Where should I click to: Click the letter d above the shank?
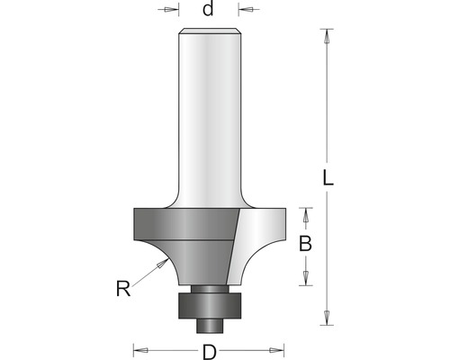(x=208, y=8)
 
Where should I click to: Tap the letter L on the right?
(x=328, y=177)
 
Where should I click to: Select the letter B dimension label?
(x=305, y=243)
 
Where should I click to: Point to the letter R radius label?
(x=123, y=289)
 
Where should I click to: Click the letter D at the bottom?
(x=210, y=352)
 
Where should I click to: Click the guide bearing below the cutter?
(x=210, y=305)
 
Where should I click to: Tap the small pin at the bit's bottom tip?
(x=210, y=326)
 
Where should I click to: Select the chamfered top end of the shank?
(x=210, y=31)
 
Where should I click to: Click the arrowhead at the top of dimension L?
(x=327, y=36)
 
